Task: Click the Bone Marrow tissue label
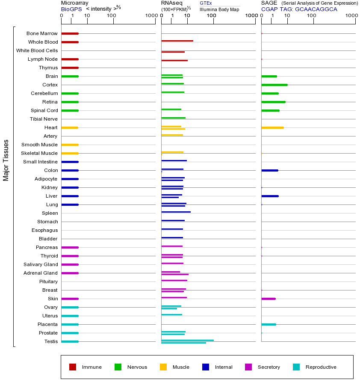[x=42, y=33]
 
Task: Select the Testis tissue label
[x=51, y=341]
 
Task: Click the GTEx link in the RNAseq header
[x=206, y=3]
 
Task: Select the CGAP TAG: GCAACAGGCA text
[x=299, y=9]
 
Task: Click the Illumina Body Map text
[x=219, y=9]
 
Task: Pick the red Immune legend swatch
[x=73, y=367]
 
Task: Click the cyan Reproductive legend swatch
[x=296, y=367]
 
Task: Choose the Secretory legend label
[x=269, y=367]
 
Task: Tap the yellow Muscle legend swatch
[x=163, y=367]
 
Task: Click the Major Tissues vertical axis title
[x=6, y=160]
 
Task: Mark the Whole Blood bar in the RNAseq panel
[x=177, y=41]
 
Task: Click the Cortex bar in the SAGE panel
[x=274, y=85]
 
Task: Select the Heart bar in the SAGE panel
[x=272, y=127]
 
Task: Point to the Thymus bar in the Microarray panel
[x=70, y=68]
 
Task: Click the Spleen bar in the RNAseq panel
[x=176, y=212]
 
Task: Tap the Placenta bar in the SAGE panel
[x=269, y=324]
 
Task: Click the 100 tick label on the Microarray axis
[x=111, y=16]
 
